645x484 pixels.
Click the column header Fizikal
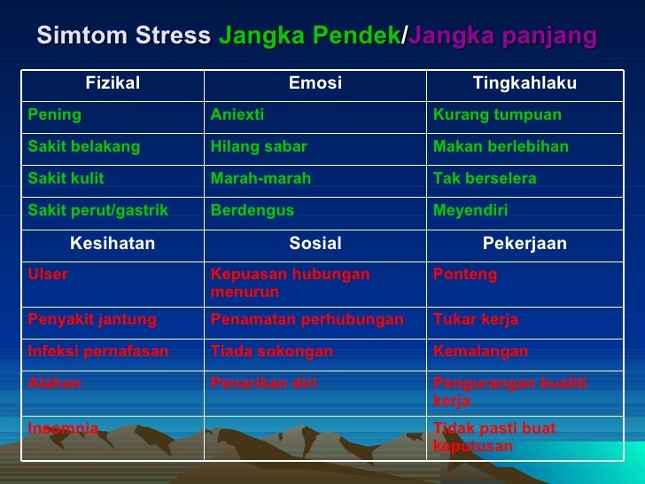point(113,83)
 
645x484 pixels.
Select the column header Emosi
point(315,83)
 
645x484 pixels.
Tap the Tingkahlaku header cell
point(525,83)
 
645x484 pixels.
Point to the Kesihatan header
point(113,243)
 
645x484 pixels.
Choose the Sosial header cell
point(315,243)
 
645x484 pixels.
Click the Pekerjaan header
point(525,243)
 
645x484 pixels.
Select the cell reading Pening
point(55,115)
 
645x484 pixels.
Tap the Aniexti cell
point(237,115)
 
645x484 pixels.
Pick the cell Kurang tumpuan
point(497,115)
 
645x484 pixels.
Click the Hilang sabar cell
point(259,146)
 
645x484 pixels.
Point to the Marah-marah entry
point(260,178)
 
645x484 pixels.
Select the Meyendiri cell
point(470,210)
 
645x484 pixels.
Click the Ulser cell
point(48,275)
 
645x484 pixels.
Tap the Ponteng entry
point(464,275)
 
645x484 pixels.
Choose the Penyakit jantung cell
point(92,319)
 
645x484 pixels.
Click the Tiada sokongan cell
point(271,351)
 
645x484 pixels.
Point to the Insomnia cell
point(63,429)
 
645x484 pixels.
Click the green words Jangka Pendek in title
point(309,36)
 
